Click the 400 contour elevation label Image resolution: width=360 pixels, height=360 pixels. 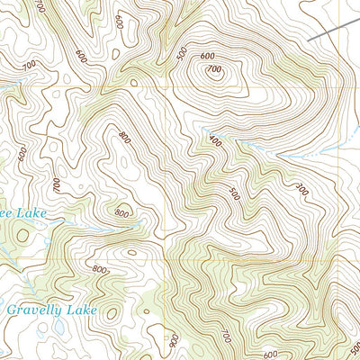pos(213,142)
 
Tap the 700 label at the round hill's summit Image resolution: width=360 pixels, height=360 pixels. pos(213,69)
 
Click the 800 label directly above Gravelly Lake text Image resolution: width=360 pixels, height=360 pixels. pos(99,269)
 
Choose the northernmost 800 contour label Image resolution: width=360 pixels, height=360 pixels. pos(123,136)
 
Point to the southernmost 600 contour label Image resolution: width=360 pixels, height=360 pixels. pos(270,355)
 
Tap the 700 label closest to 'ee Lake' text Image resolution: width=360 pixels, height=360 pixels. pos(57,184)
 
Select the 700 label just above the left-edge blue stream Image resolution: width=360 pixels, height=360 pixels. pos(30,65)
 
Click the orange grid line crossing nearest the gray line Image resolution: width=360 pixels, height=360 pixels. pos(341,87)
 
